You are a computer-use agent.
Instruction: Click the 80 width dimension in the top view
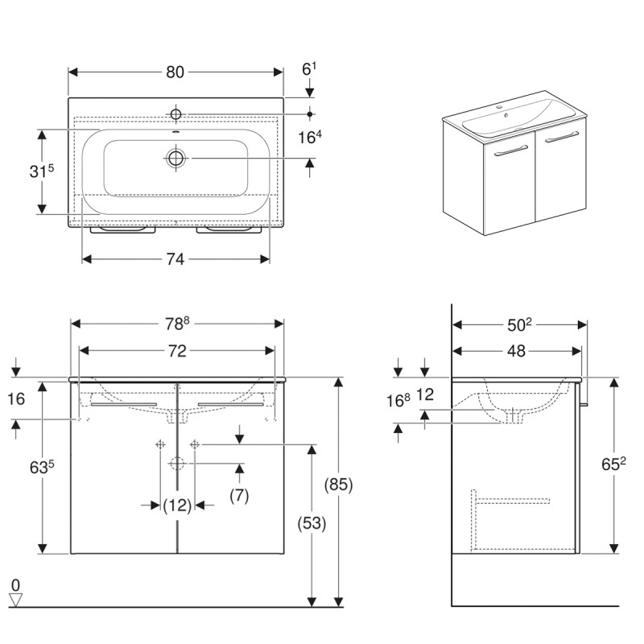coord(175,72)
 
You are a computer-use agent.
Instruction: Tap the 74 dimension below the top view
coord(175,258)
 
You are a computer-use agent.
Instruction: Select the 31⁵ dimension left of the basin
coord(40,171)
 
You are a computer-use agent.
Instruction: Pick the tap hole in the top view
coord(176,112)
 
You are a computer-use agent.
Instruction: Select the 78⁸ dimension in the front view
coord(177,323)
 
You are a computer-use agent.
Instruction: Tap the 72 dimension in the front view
coord(177,351)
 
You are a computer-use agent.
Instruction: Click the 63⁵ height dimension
coord(40,467)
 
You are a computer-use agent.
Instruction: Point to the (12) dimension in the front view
coord(176,505)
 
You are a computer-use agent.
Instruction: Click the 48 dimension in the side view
coord(517,351)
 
